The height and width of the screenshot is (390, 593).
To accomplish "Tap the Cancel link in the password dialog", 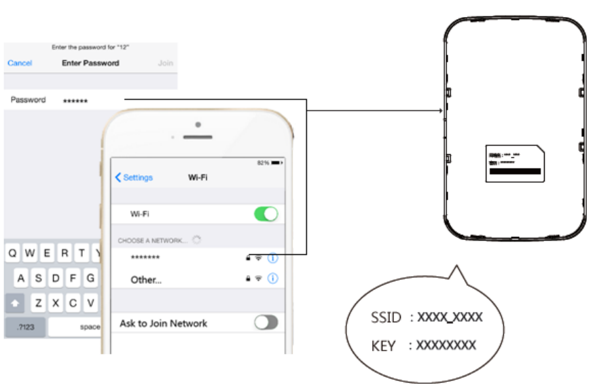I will [20, 63].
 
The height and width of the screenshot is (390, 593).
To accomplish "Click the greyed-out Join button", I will [165, 63].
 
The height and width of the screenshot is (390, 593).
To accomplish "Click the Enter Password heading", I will [90, 63].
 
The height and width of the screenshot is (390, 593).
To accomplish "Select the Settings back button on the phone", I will [134, 177].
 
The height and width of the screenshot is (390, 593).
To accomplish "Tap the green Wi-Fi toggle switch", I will [266, 214].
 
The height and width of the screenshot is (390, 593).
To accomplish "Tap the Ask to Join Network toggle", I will [266, 323].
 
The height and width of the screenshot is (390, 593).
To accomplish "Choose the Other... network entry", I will [146, 280].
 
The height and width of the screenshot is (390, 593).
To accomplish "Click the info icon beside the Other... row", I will [273, 279].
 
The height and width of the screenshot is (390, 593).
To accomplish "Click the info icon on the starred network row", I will [273, 258].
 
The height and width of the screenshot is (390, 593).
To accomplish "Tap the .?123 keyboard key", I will [26, 327].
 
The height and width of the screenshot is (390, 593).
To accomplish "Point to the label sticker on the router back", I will [514, 163].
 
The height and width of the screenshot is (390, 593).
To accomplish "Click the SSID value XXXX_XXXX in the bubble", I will [450, 317].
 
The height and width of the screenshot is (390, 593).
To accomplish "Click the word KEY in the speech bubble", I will [383, 346].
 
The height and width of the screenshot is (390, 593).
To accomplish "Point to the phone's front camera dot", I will [198, 125].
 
